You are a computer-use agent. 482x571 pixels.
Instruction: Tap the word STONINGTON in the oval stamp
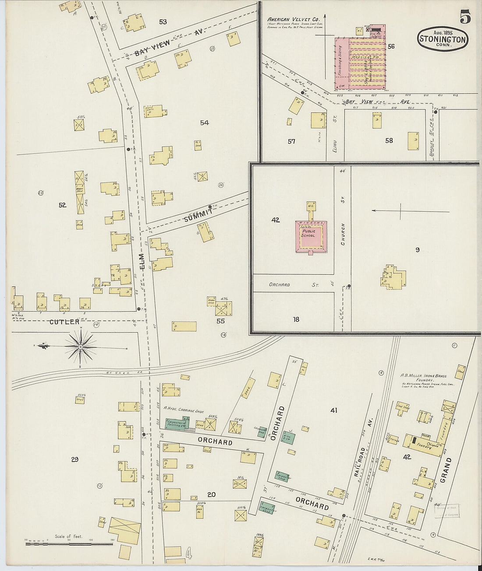point(443,39)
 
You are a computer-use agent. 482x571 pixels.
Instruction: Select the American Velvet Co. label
point(293,20)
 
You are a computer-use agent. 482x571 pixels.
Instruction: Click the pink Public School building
point(311,236)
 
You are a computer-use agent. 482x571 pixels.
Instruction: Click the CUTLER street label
point(64,322)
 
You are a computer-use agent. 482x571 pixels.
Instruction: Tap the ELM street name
point(142,261)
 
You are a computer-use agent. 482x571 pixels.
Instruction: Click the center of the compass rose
point(81,347)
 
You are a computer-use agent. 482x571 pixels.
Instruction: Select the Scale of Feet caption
point(68,536)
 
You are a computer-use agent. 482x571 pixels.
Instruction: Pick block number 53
point(163,22)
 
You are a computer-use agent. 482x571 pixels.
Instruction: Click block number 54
point(204,123)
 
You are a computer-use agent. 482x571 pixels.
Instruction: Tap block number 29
point(74,459)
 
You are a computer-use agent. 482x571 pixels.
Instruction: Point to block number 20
point(211,495)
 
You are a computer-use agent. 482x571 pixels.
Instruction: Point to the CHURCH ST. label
point(343,234)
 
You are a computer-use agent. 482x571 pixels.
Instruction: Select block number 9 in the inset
point(417,250)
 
